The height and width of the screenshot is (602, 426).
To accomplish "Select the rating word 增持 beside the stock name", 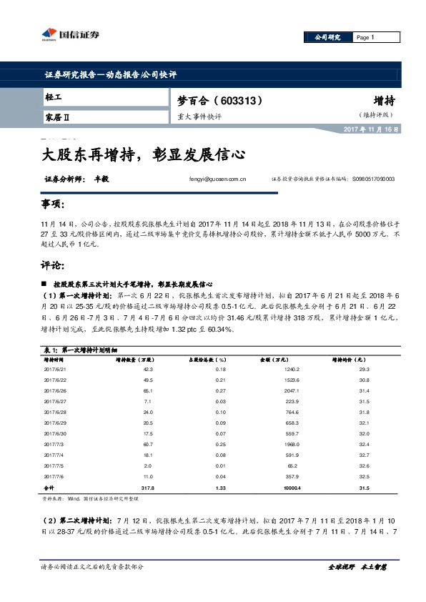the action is (x=385, y=101).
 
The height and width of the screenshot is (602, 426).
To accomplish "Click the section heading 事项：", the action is (x=54, y=205).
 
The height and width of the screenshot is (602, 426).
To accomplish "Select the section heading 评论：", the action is (x=54, y=265).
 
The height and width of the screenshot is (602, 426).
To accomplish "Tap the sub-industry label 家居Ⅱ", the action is (x=56, y=116).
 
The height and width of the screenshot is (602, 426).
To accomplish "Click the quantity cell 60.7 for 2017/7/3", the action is (x=148, y=444).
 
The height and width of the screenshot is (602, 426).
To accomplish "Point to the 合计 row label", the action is (x=49, y=487).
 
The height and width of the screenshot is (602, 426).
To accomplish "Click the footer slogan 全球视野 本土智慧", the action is (x=357, y=566).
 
